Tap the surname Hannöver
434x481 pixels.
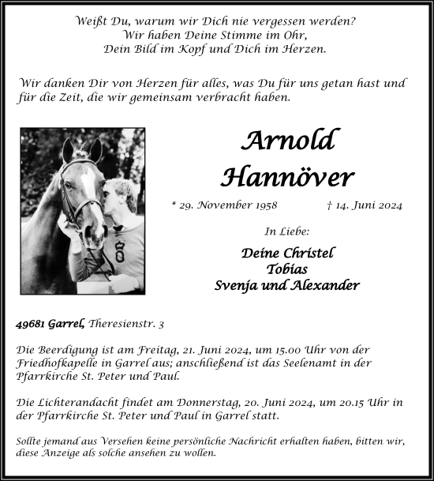tap(287, 177)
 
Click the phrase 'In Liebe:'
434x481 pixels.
tap(287, 231)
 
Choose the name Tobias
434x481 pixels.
tap(287, 269)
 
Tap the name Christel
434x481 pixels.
tap(309, 253)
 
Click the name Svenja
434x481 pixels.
tap(237, 285)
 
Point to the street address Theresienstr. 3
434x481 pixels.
tap(127, 324)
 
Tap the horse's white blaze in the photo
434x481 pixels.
tap(87, 190)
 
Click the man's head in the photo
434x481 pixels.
tap(120, 197)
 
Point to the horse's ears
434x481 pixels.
tap(81, 148)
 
